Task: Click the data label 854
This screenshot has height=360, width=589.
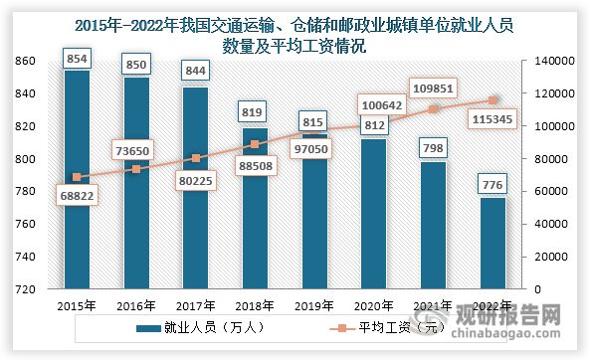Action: [75, 58]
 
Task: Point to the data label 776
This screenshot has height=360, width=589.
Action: [493, 184]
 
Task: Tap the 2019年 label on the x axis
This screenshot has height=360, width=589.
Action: [313, 304]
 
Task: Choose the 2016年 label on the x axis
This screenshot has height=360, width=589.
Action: [134, 304]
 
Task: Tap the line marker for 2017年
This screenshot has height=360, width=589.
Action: [196, 158]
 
